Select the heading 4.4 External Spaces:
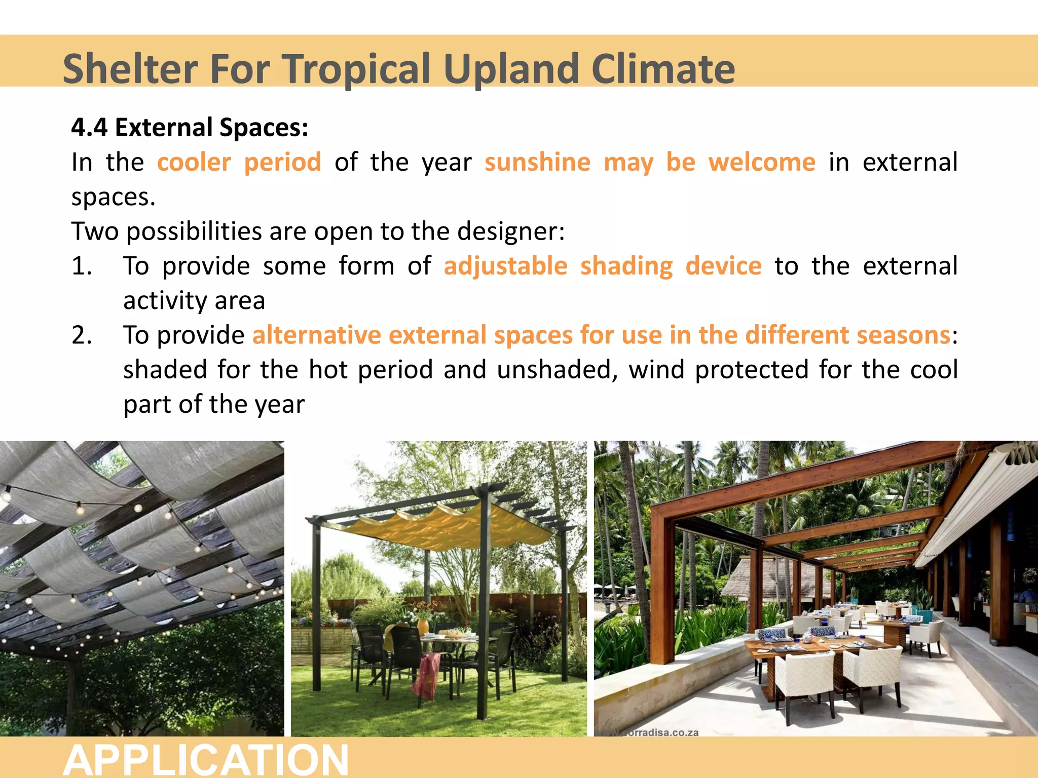[190, 127]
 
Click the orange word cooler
[194, 163]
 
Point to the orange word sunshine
[537, 163]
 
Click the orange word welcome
[762, 163]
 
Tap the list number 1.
[82, 266]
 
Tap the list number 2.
[82, 335]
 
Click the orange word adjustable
[505, 266]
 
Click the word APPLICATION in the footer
[206, 760]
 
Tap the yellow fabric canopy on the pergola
[446, 527]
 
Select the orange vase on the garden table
[423, 627]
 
